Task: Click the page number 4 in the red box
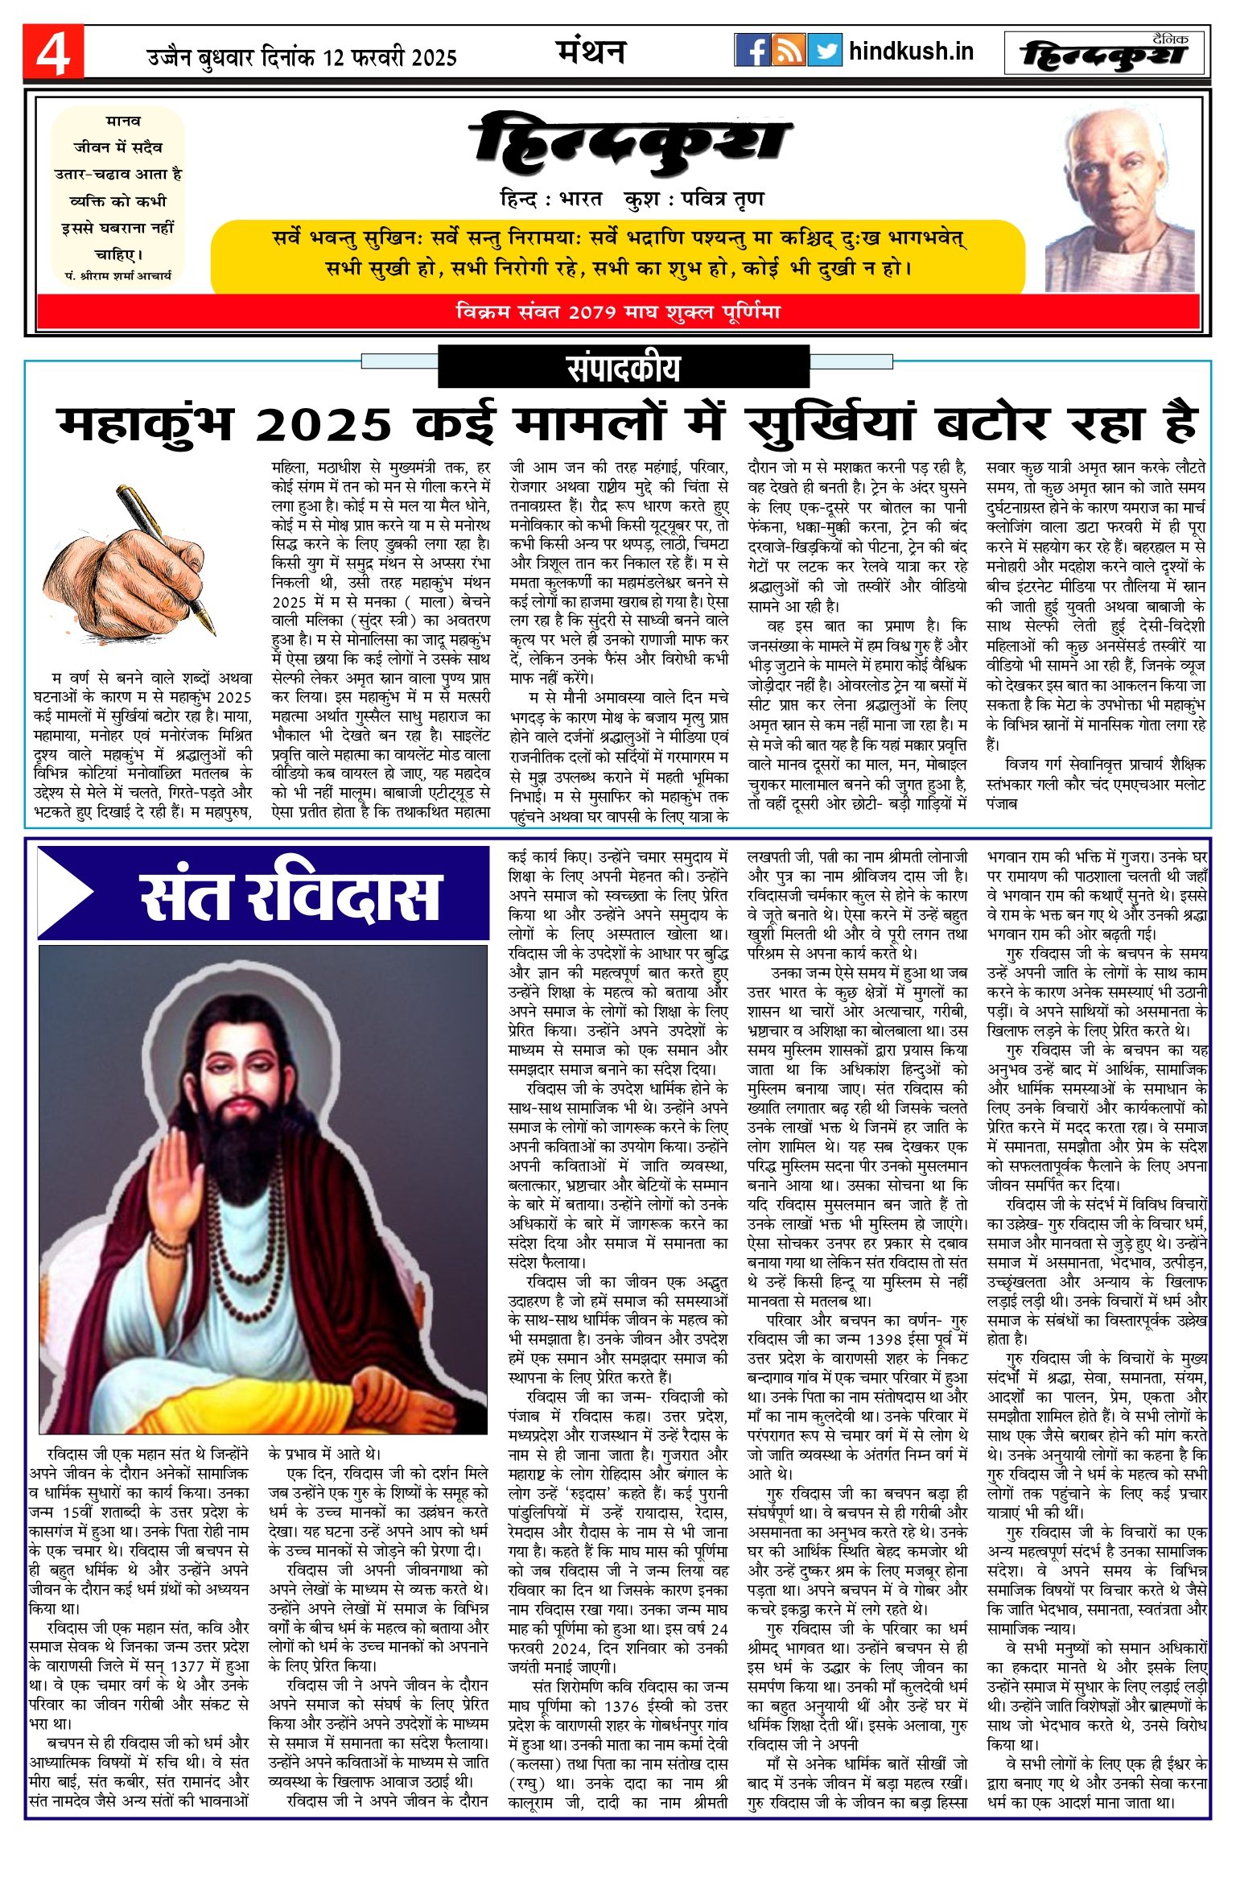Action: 53,53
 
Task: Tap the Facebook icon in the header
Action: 752,51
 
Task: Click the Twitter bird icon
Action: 824,51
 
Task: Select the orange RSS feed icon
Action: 788,51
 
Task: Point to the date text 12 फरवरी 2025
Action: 389,58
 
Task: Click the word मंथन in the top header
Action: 591,52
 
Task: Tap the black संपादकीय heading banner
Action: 623,368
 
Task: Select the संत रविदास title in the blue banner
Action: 290,896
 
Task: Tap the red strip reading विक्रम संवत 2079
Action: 617,312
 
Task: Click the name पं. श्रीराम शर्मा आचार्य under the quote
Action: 118,275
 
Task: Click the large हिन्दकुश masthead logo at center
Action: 631,145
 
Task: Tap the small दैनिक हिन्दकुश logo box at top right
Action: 1105,53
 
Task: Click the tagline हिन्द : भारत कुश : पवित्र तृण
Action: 631,199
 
